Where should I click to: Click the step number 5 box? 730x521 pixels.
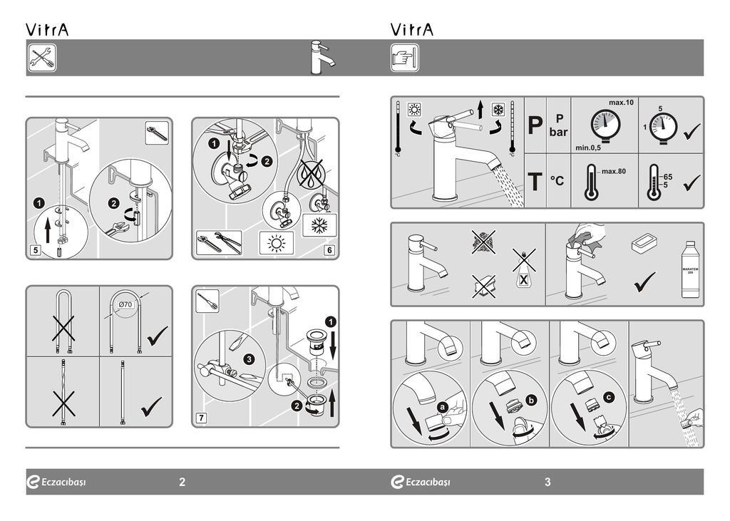pyautogui.click(x=35, y=250)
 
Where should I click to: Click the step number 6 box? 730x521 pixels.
pyautogui.click(x=329, y=250)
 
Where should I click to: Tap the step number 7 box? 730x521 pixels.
pyautogui.click(x=202, y=418)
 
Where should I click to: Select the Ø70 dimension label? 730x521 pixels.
pyautogui.click(x=125, y=306)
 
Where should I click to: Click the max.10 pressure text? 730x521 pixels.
pyautogui.click(x=621, y=103)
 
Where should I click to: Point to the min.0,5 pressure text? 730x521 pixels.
pyautogui.click(x=588, y=148)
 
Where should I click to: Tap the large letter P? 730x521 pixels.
pyautogui.click(x=535, y=126)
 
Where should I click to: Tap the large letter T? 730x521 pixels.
pyautogui.click(x=535, y=182)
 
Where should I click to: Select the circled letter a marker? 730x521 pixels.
pyautogui.click(x=442, y=407)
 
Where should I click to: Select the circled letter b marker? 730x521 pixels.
pyautogui.click(x=530, y=400)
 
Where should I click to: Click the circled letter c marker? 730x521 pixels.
pyautogui.click(x=607, y=397)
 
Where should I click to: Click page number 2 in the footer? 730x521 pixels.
pyautogui.click(x=182, y=482)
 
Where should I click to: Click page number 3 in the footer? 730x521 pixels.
pyautogui.click(x=547, y=482)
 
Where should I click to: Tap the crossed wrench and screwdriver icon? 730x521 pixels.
pyautogui.click(x=42, y=58)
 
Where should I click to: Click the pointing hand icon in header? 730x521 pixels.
pyautogui.click(x=404, y=58)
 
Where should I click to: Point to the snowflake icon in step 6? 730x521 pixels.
pyautogui.click(x=315, y=225)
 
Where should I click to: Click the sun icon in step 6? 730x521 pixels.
pyautogui.click(x=275, y=243)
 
